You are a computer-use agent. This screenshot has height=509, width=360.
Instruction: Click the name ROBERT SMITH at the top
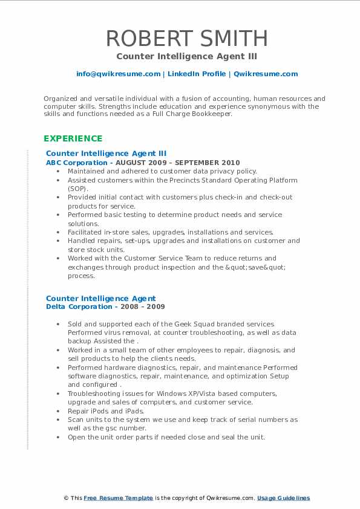tap(187, 38)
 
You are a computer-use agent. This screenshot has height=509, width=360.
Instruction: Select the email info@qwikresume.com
tap(118, 74)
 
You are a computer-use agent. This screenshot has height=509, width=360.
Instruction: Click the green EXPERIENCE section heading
tap(73, 138)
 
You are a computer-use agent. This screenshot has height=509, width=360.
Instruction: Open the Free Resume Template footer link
tap(118, 498)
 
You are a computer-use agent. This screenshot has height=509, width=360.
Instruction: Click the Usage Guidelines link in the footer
tap(283, 498)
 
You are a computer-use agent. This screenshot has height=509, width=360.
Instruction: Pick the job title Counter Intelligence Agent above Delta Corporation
tap(100, 298)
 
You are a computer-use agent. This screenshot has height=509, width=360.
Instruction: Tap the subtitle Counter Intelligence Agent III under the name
tap(187, 56)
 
